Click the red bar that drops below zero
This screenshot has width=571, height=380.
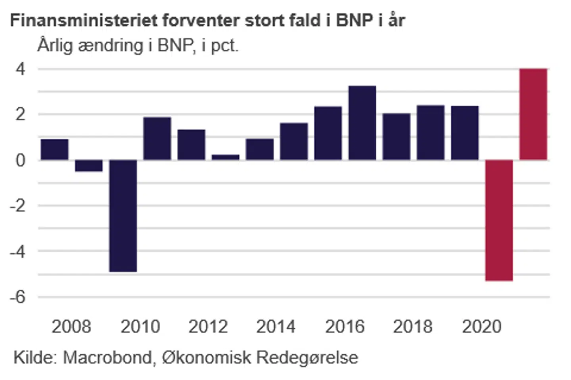499,220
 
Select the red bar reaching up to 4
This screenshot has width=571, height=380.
533,114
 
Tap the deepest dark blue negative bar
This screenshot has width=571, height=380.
123,216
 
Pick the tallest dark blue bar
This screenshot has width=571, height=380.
362,123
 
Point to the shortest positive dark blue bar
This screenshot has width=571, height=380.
225,157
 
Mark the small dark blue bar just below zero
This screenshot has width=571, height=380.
89,165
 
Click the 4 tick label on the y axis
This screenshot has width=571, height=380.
20,69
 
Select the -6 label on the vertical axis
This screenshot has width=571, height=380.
18,297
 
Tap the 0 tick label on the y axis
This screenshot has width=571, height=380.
20,160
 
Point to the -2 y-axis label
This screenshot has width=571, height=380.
18,206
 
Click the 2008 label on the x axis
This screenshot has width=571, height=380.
71,327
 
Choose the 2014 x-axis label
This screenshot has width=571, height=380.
276,327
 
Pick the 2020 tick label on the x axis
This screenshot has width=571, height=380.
481,327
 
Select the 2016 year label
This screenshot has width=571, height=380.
345,327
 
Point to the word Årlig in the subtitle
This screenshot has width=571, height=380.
55,46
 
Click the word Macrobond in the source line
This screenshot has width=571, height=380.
107,357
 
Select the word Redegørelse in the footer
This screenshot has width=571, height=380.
307,357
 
